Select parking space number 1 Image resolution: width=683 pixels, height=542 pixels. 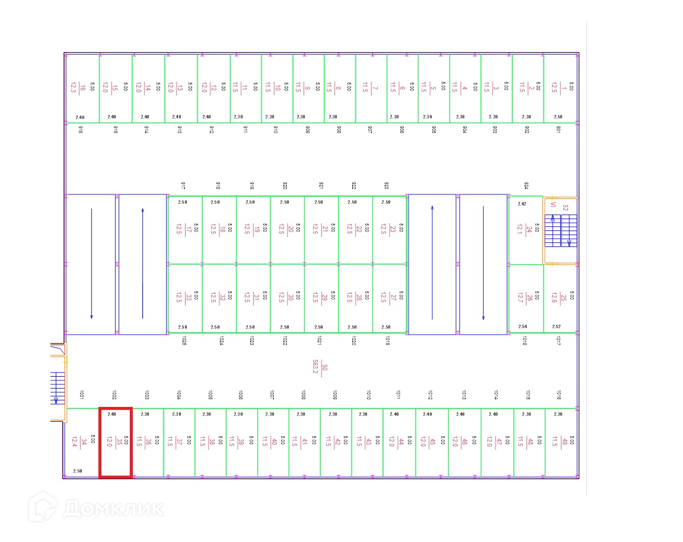pos(560,88)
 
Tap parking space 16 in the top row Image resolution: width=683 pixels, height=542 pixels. pos(82,88)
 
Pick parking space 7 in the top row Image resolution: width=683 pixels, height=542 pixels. pos(371,88)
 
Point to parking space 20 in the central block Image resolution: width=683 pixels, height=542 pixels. pos(287,229)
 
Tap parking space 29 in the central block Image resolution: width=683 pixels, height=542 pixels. pos(321,297)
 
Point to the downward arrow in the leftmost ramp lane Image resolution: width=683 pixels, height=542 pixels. pos(91,264)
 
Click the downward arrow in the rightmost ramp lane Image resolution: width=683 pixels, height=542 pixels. pos(483,264)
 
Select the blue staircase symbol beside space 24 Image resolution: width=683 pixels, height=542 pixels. pos(561,230)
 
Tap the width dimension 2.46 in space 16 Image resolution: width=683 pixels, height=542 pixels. pos(81,117)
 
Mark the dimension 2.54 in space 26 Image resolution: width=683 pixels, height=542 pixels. pos(522,326)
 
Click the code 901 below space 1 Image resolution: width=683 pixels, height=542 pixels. pos(558,130)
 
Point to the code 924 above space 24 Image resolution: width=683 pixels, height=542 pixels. pos(526,186)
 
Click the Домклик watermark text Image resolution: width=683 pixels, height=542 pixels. pos(113,508)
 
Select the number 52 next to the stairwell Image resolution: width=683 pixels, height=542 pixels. pos(565,208)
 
